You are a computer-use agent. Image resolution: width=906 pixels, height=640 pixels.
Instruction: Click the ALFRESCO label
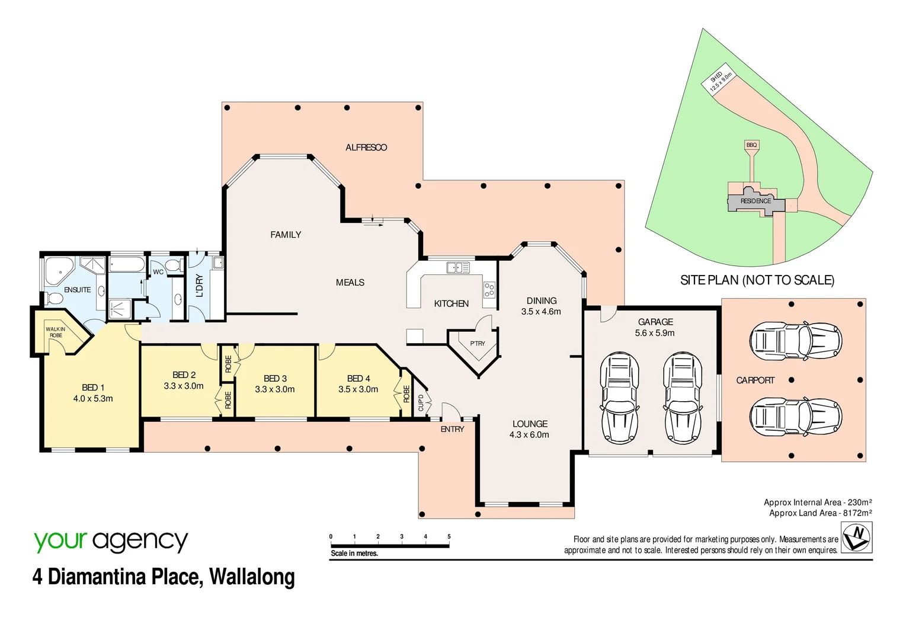[366, 148]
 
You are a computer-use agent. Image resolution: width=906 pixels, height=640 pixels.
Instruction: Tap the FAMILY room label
[286, 235]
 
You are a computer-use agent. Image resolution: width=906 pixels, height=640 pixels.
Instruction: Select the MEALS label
[350, 283]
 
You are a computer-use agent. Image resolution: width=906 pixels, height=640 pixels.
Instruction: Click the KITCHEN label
[451, 303]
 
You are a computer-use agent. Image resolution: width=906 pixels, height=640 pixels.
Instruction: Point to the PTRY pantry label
[478, 344]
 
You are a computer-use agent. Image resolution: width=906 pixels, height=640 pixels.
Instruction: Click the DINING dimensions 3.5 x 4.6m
[541, 312]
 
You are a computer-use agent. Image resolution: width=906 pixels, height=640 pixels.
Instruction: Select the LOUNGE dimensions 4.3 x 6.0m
[529, 435]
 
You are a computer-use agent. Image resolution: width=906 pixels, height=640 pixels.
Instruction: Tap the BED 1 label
[93, 388]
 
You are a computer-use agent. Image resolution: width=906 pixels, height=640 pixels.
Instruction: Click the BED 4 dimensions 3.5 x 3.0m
[358, 389]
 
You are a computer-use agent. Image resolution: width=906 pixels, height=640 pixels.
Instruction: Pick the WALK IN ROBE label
[56, 332]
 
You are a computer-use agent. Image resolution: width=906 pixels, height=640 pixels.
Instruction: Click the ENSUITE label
[78, 290]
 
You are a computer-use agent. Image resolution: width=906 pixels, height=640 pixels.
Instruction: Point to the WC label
[158, 272]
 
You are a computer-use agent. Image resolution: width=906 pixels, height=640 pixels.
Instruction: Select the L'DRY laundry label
[200, 286]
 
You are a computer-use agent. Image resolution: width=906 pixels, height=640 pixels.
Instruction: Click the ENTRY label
[452, 429]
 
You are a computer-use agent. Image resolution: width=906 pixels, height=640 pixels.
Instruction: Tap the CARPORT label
[755, 380]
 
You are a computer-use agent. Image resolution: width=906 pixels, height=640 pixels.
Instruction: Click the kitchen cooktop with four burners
[489, 290]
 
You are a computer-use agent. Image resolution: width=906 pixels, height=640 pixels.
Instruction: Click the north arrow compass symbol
[857, 537]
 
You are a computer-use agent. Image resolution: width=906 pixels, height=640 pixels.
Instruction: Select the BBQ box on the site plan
[751, 145]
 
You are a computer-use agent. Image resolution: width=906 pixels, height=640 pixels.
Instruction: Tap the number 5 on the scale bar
[449, 536]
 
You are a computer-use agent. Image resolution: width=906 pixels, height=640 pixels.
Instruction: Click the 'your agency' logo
[111, 542]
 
